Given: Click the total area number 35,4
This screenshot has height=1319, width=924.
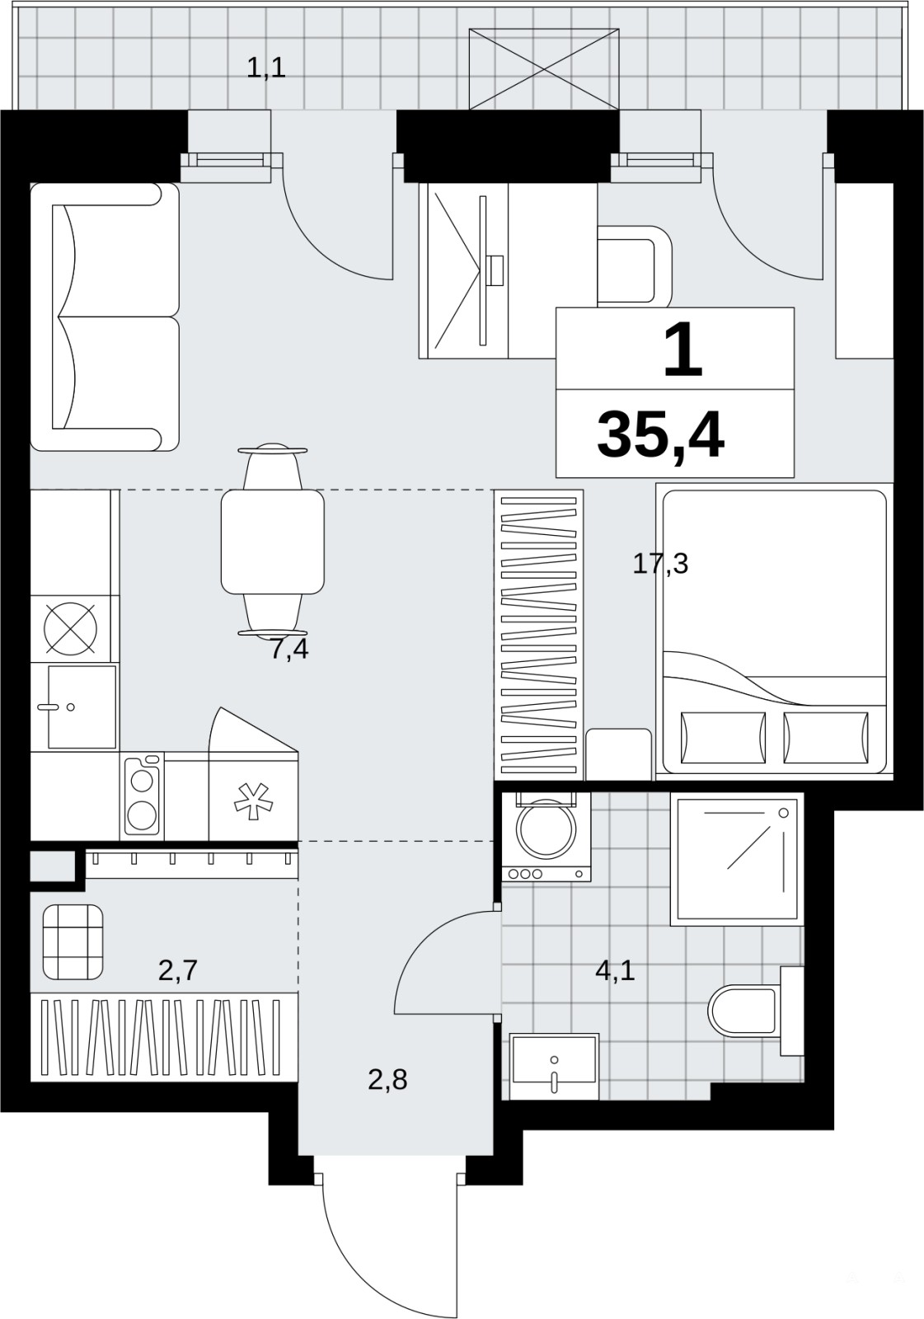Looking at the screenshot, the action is pyautogui.click(x=660, y=436).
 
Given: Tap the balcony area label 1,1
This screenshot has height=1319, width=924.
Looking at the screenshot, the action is pyautogui.click(x=266, y=68).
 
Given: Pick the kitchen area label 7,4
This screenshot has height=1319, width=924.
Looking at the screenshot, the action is pyautogui.click(x=289, y=650).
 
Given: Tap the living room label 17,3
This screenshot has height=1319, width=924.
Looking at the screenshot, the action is pyautogui.click(x=660, y=564).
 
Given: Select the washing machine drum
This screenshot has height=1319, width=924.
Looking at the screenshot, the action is pyautogui.click(x=546, y=829).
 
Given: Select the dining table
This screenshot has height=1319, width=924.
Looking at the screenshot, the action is pyautogui.click(x=273, y=541).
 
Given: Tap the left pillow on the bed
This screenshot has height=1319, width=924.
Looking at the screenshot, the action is pyautogui.click(x=723, y=738).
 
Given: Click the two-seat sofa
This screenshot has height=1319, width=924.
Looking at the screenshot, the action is pyautogui.click(x=105, y=317).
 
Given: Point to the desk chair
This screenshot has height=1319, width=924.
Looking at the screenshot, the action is pyautogui.click(x=634, y=265).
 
